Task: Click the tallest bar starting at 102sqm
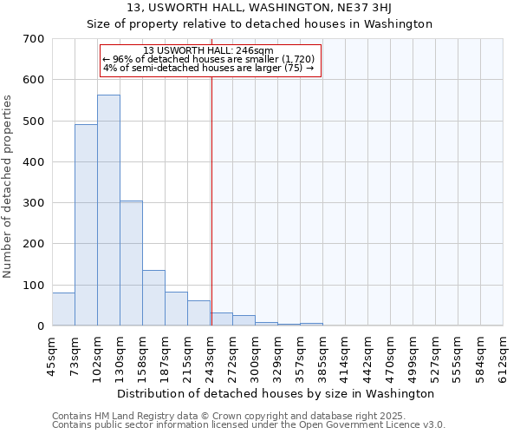click(108, 210)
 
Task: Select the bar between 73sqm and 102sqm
click(86, 225)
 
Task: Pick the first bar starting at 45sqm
click(63, 309)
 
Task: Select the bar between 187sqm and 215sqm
click(176, 309)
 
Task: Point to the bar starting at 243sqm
click(221, 319)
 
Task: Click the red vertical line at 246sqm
click(211, 200)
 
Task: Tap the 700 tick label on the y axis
click(34, 39)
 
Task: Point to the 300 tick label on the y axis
click(34, 203)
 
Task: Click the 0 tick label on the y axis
click(41, 326)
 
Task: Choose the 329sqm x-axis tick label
click(277, 357)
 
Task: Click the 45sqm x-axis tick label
click(53, 355)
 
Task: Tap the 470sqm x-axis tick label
click(390, 357)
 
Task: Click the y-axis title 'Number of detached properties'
click(9, 186)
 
